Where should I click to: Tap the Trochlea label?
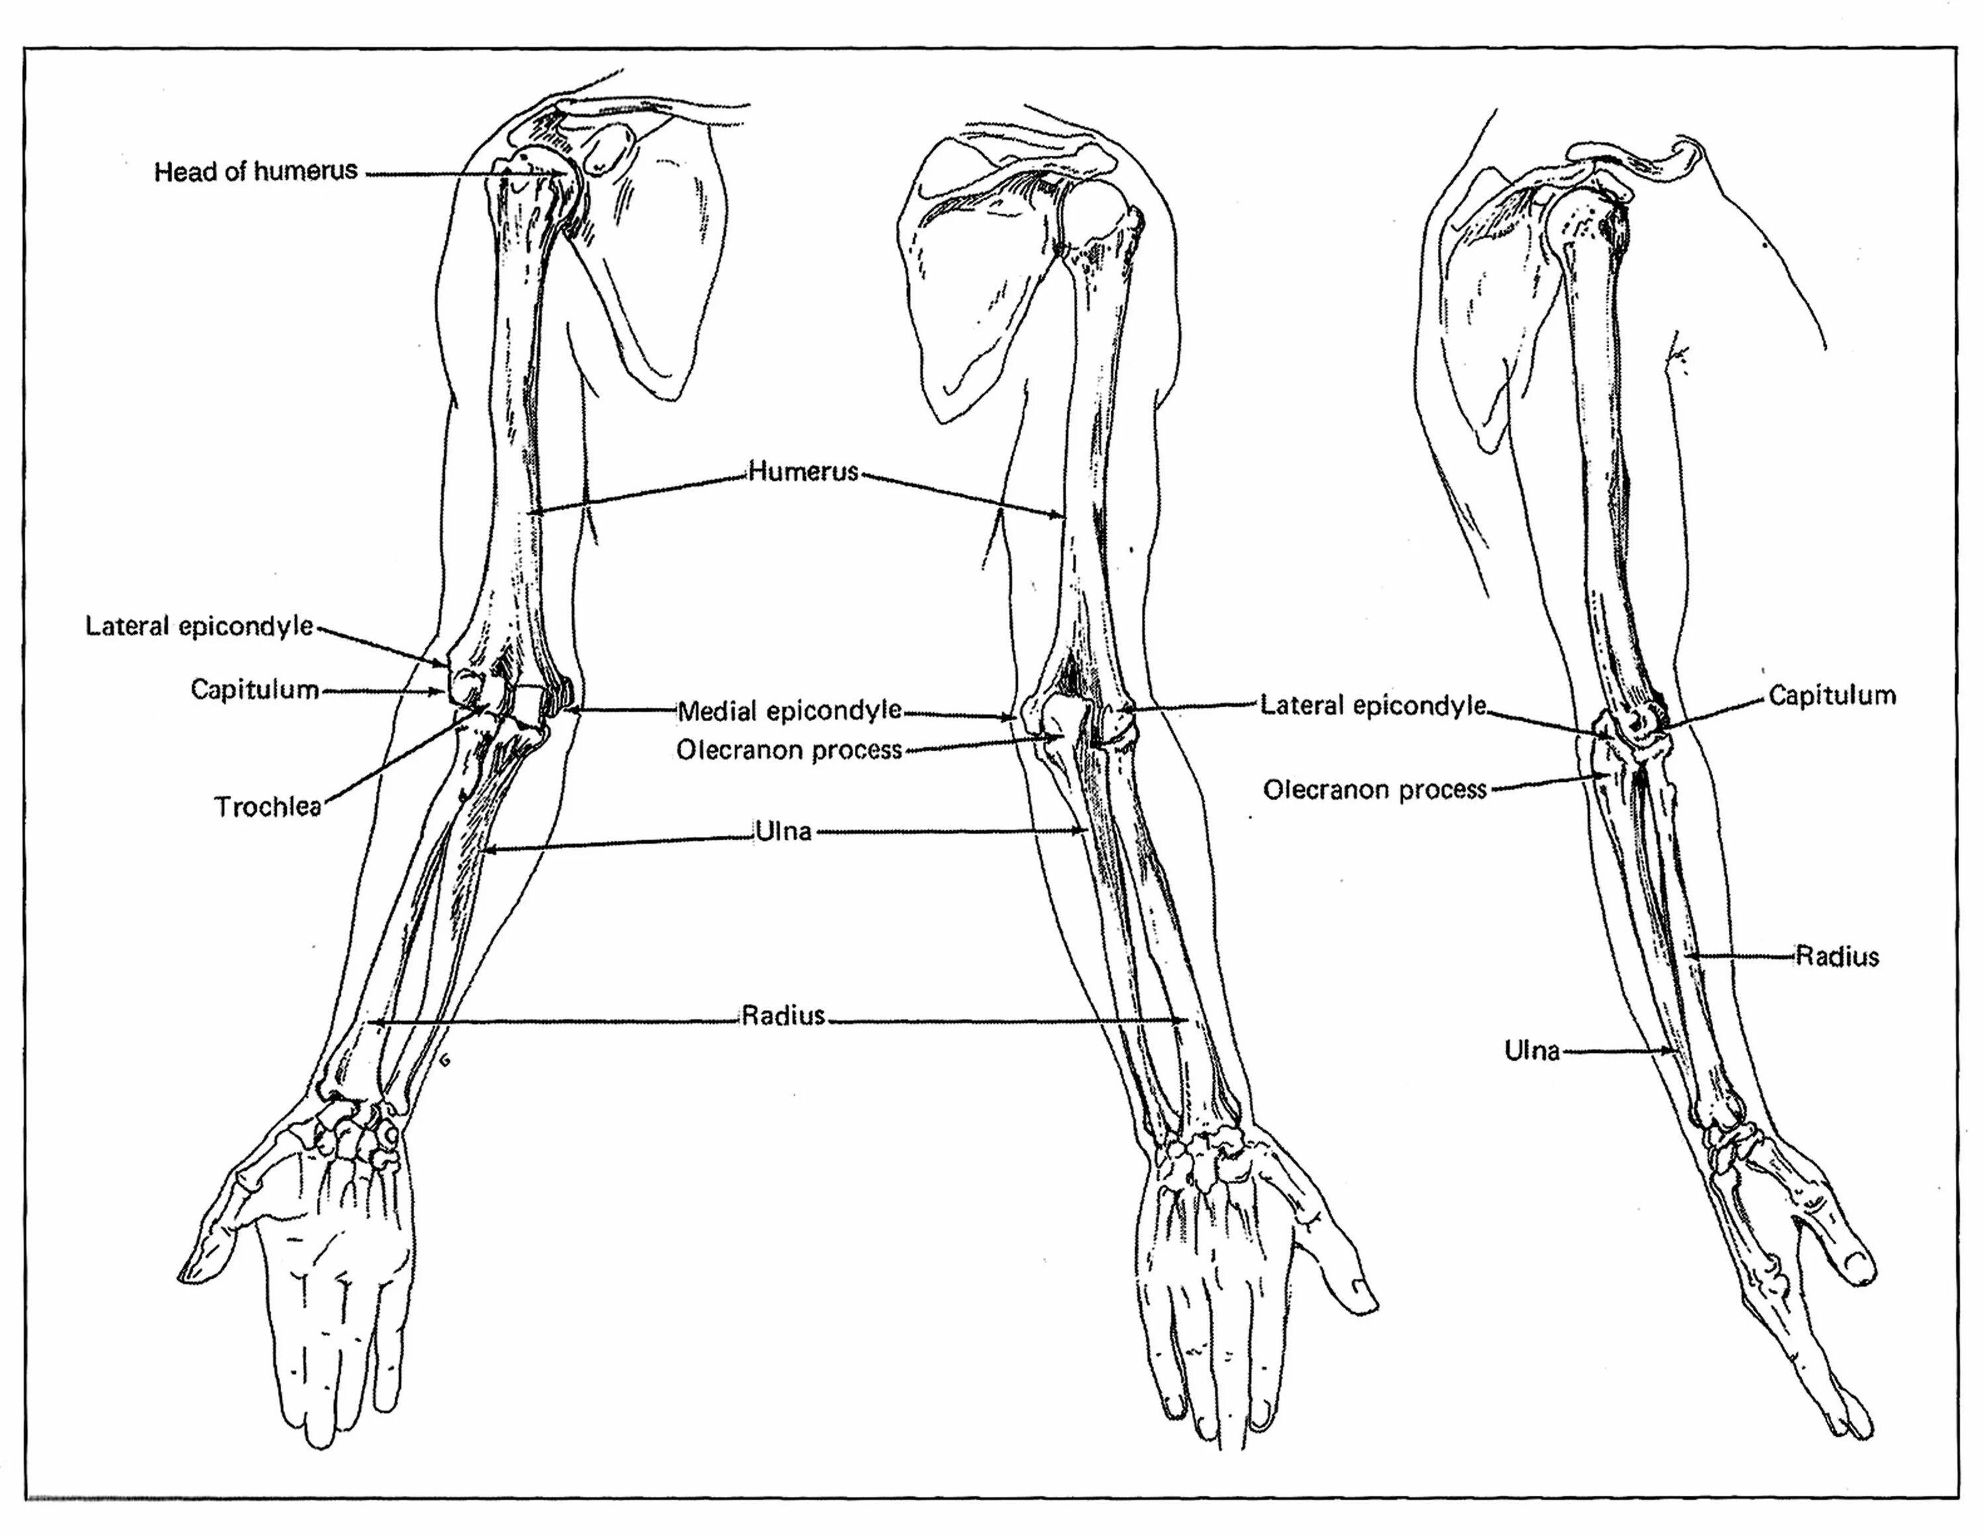click(x=268, y=807)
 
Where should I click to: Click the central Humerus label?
click(x=803, y=471)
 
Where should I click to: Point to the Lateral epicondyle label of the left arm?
click(x=199, y=626)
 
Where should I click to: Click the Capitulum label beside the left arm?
click(x=255, y=690)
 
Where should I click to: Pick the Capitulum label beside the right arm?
click(x=1832, y=696)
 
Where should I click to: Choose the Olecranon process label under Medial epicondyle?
click(x=789, y=750)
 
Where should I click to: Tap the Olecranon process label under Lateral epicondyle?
click(x=1374, y=789)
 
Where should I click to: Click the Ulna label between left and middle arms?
click(x=783, y=831)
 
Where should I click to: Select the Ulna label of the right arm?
click(x=1532, y=1051)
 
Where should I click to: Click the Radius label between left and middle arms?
click(x=783, y=1015)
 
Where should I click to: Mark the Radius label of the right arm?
click(x=1837, y=957)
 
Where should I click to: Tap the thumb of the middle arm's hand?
click(x=1336, y=1264)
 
